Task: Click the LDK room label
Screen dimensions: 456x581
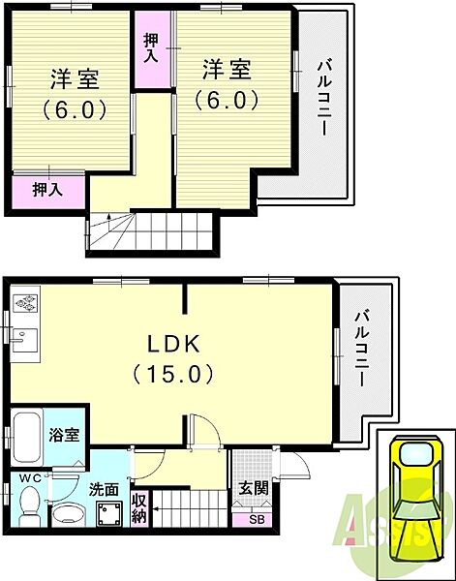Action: pyautogui.click(x=174, y=344)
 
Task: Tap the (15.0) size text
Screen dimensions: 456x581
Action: pyautogui.click(x=173, y=374)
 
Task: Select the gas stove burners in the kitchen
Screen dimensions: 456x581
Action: pyautogui.click(x=25, y=303)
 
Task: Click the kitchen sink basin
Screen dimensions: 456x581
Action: pyautogui.click(x=25, y=340)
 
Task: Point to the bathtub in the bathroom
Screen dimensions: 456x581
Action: pyautogui.click(x=27, y=437)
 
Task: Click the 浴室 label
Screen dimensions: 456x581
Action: pyautogui.click(x=64, y=435)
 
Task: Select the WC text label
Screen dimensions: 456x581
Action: pyautogui.click(x=30, y=478)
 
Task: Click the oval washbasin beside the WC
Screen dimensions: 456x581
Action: pyautogui.click(x=69, y=514)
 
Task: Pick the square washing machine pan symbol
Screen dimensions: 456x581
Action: pyautogui.click(x=109, y=514)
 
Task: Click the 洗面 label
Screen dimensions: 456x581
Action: pyautogui.click(x=104, y=490)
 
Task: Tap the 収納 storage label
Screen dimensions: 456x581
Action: pyautogui.click(x=139, y=508)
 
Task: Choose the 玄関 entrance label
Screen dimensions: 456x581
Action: pyautogui.click(x=253, y=489)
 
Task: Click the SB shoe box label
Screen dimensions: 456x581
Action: pyautogui.click(x=257, y=519)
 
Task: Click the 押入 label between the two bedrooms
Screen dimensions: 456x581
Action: pyautogui.click(x=151, y=47)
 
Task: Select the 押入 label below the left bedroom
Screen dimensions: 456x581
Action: pyautogui.click(x=47, y=190)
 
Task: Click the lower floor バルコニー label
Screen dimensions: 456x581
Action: pyautogui.click(x=360, y=349)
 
